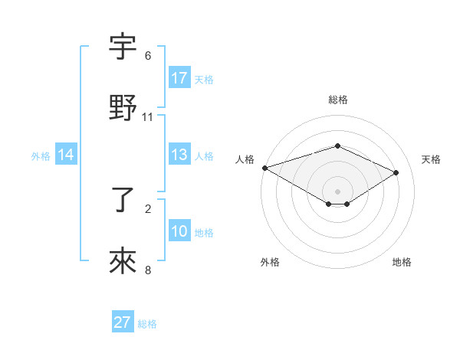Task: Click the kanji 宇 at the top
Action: tap(123, 47)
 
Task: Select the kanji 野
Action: tap(123, 108)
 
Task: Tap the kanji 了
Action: tap(123, 201)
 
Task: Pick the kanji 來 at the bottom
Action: tap(123, 263)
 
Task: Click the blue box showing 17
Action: tap(179, 78)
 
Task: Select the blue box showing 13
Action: tap(179, 155)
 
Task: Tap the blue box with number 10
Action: tap(179, 231)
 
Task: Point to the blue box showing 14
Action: tap(65, 155)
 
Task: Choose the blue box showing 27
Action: tap(122, 322)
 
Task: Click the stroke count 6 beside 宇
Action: tap(148, 56)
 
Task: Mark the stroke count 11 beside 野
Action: tap(148, 117)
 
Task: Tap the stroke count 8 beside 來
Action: tap(148, 270)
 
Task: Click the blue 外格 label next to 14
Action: tap(41, 155)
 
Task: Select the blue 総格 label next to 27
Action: tap(147, 324)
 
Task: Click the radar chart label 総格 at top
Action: tap(337, 100)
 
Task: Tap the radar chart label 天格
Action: tap(432, 159)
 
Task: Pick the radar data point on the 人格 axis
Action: tap(264, 167)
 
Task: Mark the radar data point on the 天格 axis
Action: tap(396, 172)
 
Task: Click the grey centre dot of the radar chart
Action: tap(337, 191)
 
